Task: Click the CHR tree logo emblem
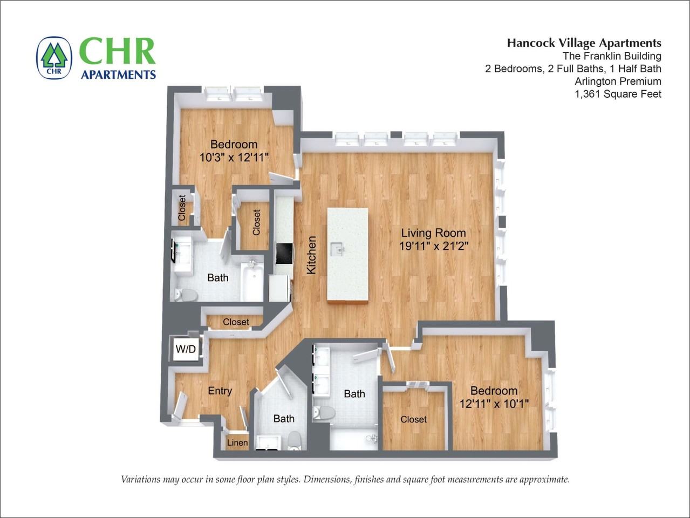pyautogui.click(x=54, y=58)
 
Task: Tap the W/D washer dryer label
pyautogui.click(x=186, y=349)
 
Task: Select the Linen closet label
pyautogui.click(x=237, y=442)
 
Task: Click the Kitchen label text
pyautogui.click(x=311, y=255)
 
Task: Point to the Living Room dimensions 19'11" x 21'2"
pyautogui.click(x=433, y=246)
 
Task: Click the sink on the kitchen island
pyautogui.click(x=338, y=249)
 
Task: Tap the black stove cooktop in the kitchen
pyautogui.click(x=284, y=253)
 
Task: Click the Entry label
pyautogui.click(x=220, y=391)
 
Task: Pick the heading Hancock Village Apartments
pyautogui.click(x=584, y=43)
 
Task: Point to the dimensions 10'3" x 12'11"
pyautogui.click(x=234, y=157)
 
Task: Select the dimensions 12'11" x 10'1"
pyautogui.click(x=494, y=403)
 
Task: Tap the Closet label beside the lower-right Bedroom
pyautogui.click(x=413, y=419)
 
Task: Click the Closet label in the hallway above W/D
pyautogui.click(x=236, y=322)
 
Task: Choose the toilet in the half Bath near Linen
pyautogui.click(x=295, y=440)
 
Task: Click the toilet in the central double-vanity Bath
pyautogui.click(x=325, y=413)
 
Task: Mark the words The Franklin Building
pyautogui.click(x=612, y=56)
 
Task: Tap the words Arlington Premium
pyautogui.click(x=618, y=81)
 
